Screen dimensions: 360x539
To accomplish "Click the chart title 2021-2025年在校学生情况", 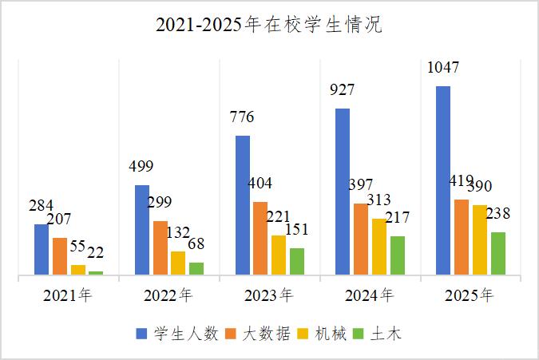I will point(269,26).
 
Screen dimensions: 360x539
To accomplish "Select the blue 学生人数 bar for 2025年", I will point(443,180).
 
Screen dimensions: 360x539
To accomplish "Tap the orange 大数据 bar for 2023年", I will point(260,238).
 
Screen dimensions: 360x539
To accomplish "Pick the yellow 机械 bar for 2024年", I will point(379,247).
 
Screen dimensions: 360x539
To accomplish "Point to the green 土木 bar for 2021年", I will point(97,273).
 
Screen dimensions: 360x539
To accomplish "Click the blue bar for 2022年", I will point(142,230).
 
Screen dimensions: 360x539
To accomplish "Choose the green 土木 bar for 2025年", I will point(498,253).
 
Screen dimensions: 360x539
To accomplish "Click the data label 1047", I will point(443,68).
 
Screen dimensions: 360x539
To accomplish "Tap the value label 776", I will point(242,117).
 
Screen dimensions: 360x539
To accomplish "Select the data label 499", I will point(141,167).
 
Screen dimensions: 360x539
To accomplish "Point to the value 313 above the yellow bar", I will point(379,200).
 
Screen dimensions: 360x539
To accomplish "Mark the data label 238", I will point(498,214).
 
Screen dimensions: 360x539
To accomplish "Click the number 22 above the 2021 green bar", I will point(96,253).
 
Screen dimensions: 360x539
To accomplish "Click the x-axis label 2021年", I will point(68,296).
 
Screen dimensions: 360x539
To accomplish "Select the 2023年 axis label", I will point(269,296).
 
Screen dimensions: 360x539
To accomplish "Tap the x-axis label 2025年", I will point(470,296).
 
